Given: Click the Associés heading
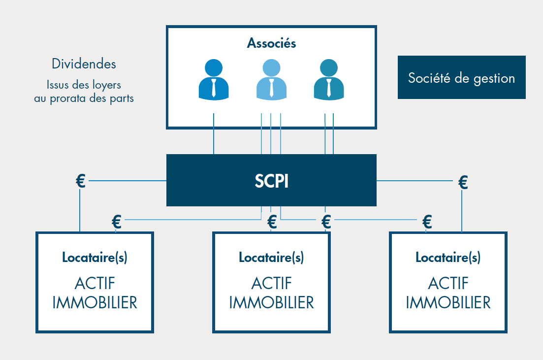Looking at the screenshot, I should tap(271, 43).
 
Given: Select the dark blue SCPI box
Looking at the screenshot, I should tap(271, 181).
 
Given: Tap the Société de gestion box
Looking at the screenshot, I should tap(461, 78).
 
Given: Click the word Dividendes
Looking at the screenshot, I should tap(84, 64).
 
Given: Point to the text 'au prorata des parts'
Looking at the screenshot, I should tap(84, 98).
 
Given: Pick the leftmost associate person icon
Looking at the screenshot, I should tap(214, 80).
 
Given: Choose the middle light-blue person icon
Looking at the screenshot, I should tap(271, 80).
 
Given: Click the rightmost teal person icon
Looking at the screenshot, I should tap(328, 80).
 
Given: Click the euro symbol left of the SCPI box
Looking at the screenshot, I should tap(81, 181).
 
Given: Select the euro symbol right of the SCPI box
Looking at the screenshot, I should tap(463, 182).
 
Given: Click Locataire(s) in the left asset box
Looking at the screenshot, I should tap(95, 257).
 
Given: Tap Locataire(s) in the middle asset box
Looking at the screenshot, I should tap(271, 257).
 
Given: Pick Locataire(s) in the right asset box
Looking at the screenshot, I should tap(448, 257).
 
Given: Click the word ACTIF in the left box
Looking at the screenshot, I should tap(95, 283).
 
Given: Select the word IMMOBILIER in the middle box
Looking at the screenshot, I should tap(271, 302).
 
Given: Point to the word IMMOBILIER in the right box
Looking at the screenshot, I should tap(448, 302).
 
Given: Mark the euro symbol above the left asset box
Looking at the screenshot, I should tap(117, 222).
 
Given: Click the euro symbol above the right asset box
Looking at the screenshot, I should tap(427, 222).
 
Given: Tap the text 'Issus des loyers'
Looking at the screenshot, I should tap(84, 85).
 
